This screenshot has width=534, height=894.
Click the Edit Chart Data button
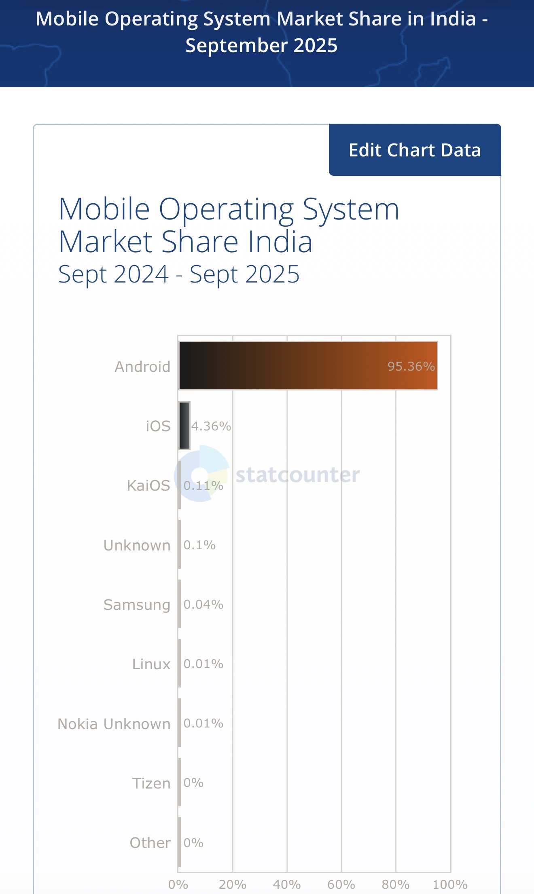click(x=415, y=150)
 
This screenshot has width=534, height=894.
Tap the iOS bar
click(x=184, y=426)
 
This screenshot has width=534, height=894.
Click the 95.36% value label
click(x=411, y=366)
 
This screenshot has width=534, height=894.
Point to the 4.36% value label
click(x=211, y=426)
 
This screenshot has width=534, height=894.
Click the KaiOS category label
click(x=148, y=485)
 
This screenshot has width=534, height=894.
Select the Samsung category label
click(x=137, y=605)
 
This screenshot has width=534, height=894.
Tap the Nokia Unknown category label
click(x=114, y=724)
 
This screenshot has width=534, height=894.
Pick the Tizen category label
click(x=151, y=783)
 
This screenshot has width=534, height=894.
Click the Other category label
click(x=150, y=843)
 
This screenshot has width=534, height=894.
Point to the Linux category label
click(x=151, y=664)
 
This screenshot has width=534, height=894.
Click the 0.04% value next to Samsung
click(x=203, y=604)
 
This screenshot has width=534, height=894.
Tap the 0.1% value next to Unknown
click(x=199, y=545)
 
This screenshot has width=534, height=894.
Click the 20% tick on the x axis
click(x=233, y=884)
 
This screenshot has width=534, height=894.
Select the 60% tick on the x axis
click(x=341, y=884)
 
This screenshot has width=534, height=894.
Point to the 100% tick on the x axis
click(x=450, y=884)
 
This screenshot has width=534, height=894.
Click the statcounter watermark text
click(x=298, y=474)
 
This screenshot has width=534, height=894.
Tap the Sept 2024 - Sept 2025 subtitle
click(x=179, y=274)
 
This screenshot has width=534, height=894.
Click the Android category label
click(x=142, y=367)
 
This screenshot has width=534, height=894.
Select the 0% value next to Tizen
click(x=193, y=783)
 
